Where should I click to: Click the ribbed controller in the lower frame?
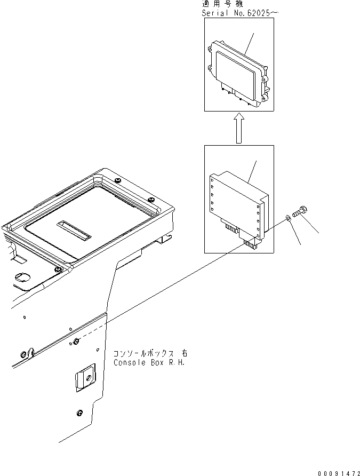[x=237, y=203]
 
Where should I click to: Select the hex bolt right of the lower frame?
[x=299, y=212]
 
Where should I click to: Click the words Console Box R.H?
[x=150, y=362]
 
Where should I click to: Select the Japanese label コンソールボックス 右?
[x=150, y=354]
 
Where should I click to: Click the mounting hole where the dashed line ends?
[x=76, y=341]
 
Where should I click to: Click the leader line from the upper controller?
[x=250, y=43]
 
